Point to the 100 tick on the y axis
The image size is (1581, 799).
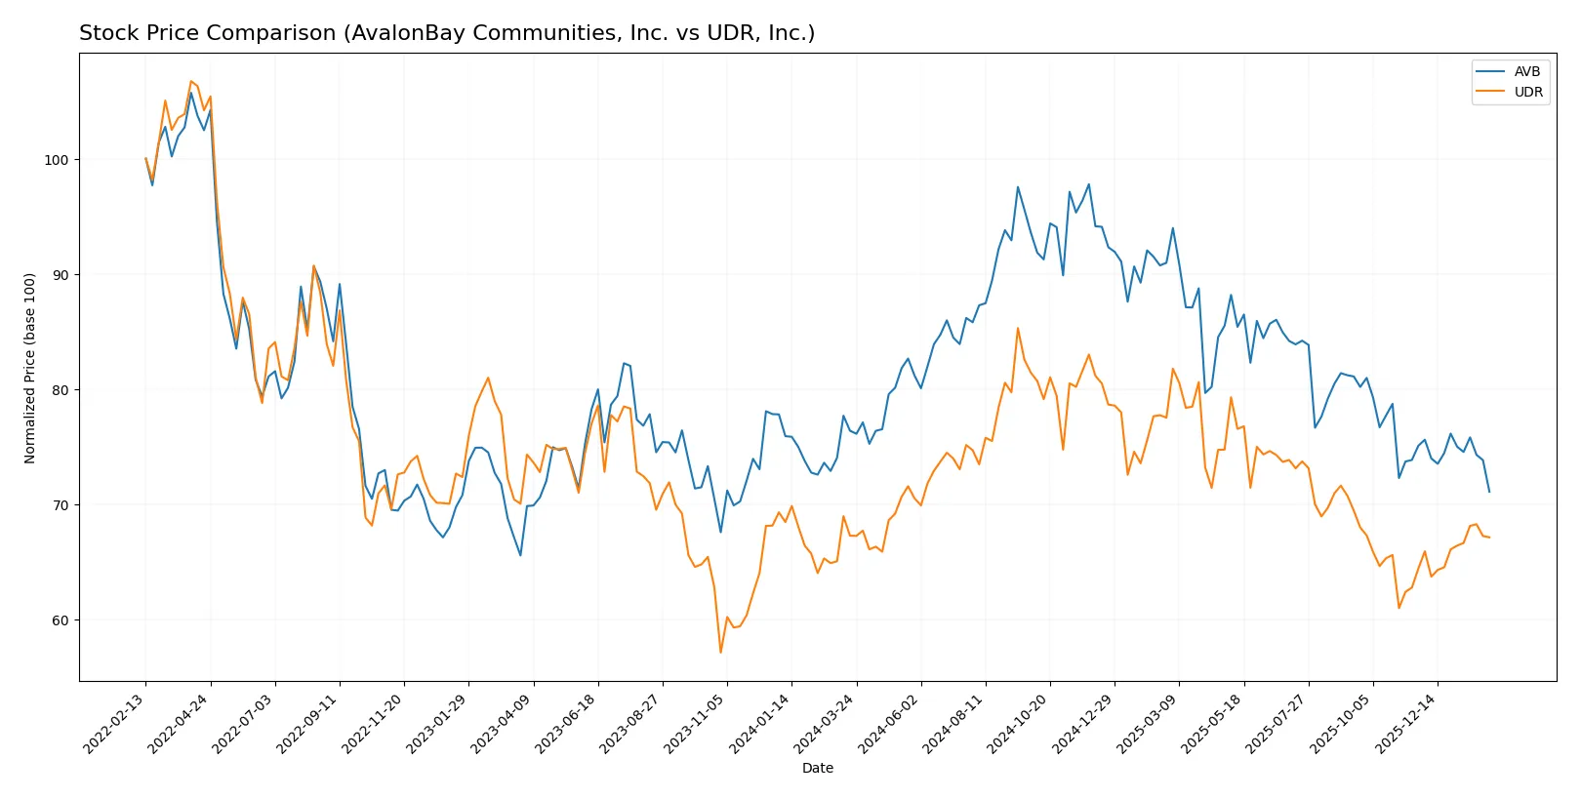coord(57,160)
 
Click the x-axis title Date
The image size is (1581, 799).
coord(817,769)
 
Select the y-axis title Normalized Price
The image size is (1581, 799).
coord(30,368)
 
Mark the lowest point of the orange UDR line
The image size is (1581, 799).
coord(720,652)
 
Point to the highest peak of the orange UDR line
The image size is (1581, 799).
coord(191,81)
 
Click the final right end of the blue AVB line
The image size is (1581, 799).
coord(1489,492)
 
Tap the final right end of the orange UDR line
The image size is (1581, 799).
coord(1489,538)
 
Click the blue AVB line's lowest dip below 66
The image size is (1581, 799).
coord(520,555)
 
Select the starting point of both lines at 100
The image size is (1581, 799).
coord(146,159)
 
